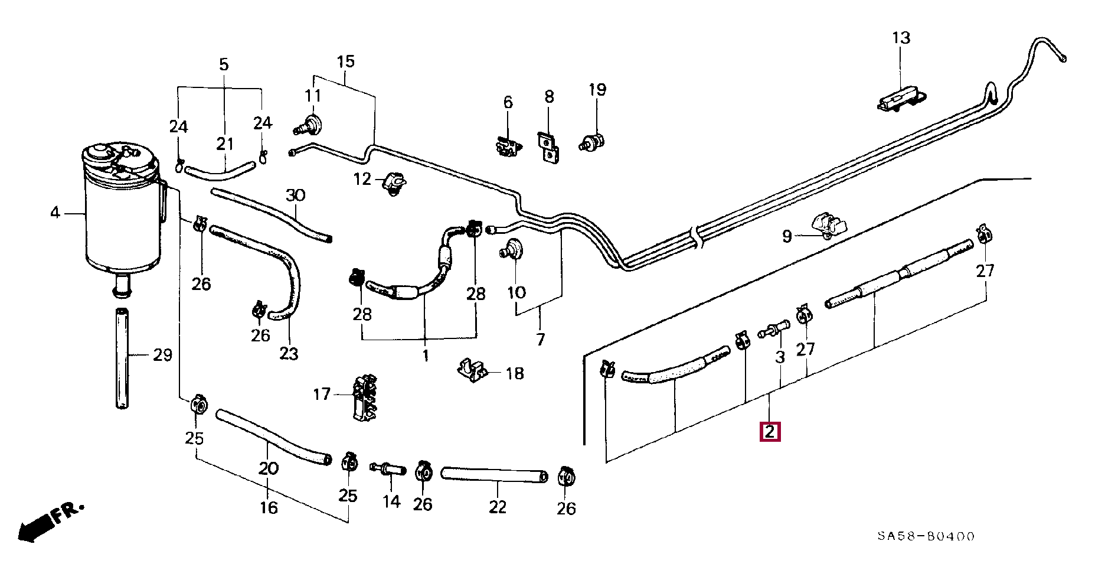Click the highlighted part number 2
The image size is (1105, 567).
point(770,432)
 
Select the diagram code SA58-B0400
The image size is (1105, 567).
point(925,536)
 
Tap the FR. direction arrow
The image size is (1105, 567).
point(51,522)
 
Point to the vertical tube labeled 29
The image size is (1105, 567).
point(122,358)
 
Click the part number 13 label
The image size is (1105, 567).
point(901,38)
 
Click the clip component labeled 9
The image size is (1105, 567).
point(830,226)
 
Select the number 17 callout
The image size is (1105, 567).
point(322,394)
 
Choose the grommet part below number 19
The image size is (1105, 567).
point(593,142)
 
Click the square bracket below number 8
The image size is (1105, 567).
point(549,148)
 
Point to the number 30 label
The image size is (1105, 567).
point(295,195)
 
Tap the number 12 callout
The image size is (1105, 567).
point(362,179)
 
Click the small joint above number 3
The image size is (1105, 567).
point(774,328)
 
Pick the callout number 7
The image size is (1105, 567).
point(540,339)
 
